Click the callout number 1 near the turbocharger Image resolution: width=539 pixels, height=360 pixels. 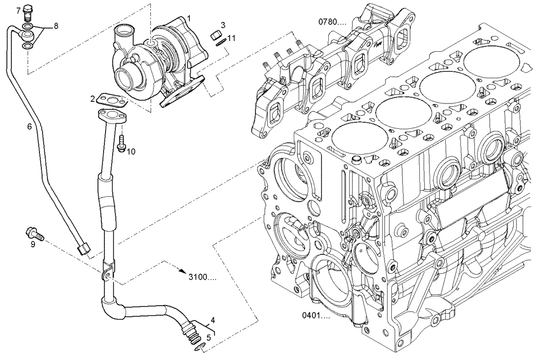(x=189, y=18)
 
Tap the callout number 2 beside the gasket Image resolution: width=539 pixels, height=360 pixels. (x=93, y=99)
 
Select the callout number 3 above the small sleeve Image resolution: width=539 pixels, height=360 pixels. (x=223, y=25)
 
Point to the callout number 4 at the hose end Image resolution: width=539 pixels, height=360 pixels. (x=213, y=320)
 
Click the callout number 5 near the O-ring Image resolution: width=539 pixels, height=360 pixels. (x=208, y=338)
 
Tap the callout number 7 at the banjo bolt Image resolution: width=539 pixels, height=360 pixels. (x=18, y=10)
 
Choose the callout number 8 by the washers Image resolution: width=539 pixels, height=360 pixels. (x=56, y=26)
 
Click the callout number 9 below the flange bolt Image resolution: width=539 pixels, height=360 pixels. (x=33, y=244)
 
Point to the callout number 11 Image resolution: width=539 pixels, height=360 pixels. (x=231, y=38)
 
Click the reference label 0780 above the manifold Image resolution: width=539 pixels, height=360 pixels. (x=331, y=22)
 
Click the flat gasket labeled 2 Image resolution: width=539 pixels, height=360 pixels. (x=112, y=98)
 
